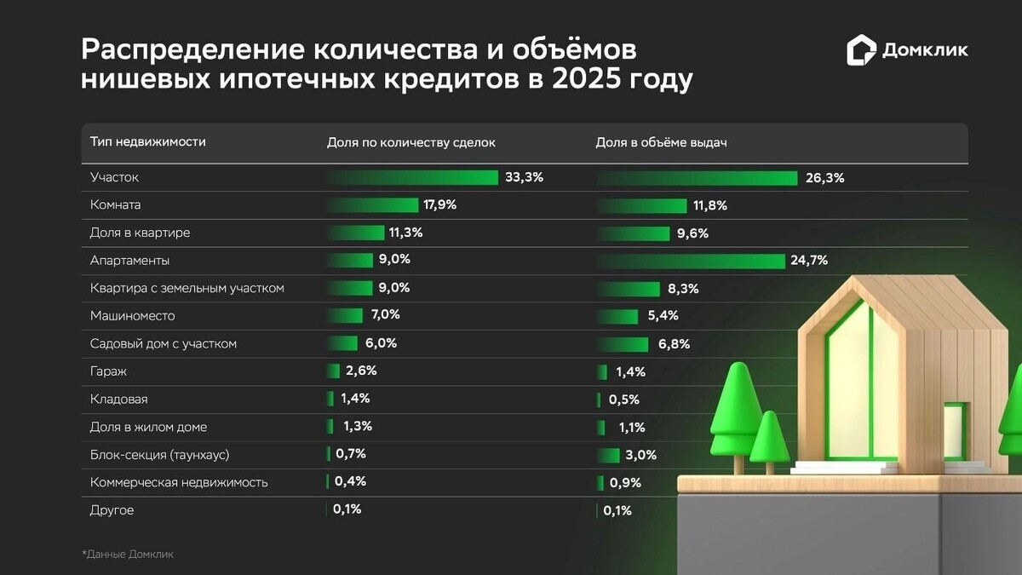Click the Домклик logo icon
[861, 50]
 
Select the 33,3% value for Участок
[524, 177]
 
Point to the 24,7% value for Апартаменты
[809, 261]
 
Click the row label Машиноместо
[132, 316]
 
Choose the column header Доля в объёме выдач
[660, 142]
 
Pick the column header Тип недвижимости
[147, 142]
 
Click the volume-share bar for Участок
[698, 178]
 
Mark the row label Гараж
[108, 371]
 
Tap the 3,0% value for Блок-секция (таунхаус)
[640, 455]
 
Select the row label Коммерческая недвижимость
[179, 482]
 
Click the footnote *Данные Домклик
[128, 555]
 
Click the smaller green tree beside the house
[769, 439]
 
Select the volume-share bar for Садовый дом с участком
[623, 344]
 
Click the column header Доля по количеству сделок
[411, 142]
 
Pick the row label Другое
[112, 510]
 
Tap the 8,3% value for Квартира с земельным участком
[682, 289]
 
